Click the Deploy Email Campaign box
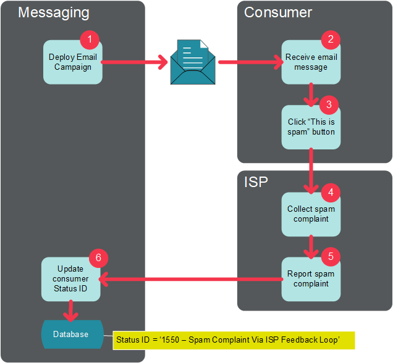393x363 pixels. (72, 62)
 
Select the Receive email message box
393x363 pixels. (311, 62)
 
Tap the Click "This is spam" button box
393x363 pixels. (311, 127)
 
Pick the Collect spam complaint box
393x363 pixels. (311, 214)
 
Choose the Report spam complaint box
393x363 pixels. (311, 279)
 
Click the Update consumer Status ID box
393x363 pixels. (70, 279)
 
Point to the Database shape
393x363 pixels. (70, 334)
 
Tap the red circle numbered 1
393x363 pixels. (90, 40)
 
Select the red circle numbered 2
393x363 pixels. (331, 40)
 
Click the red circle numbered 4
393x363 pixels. (331, 192)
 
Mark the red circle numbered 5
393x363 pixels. (331, 256)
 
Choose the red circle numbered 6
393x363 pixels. (98, 257)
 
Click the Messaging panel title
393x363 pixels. (54, 13)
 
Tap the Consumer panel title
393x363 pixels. (278, 13)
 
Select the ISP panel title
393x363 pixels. (256, 182)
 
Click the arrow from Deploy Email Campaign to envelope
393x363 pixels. (135, 62)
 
